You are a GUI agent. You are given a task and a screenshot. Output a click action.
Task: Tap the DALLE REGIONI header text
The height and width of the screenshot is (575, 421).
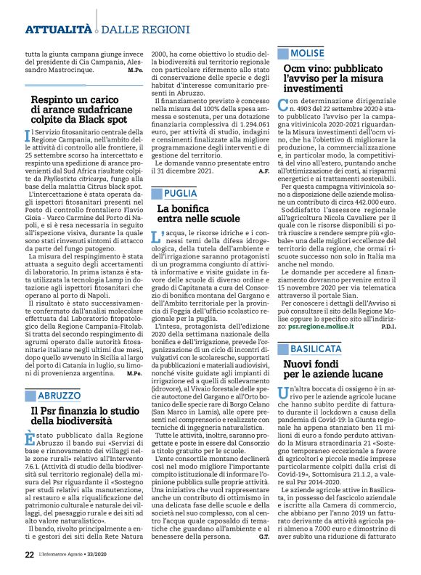click(134, 30)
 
